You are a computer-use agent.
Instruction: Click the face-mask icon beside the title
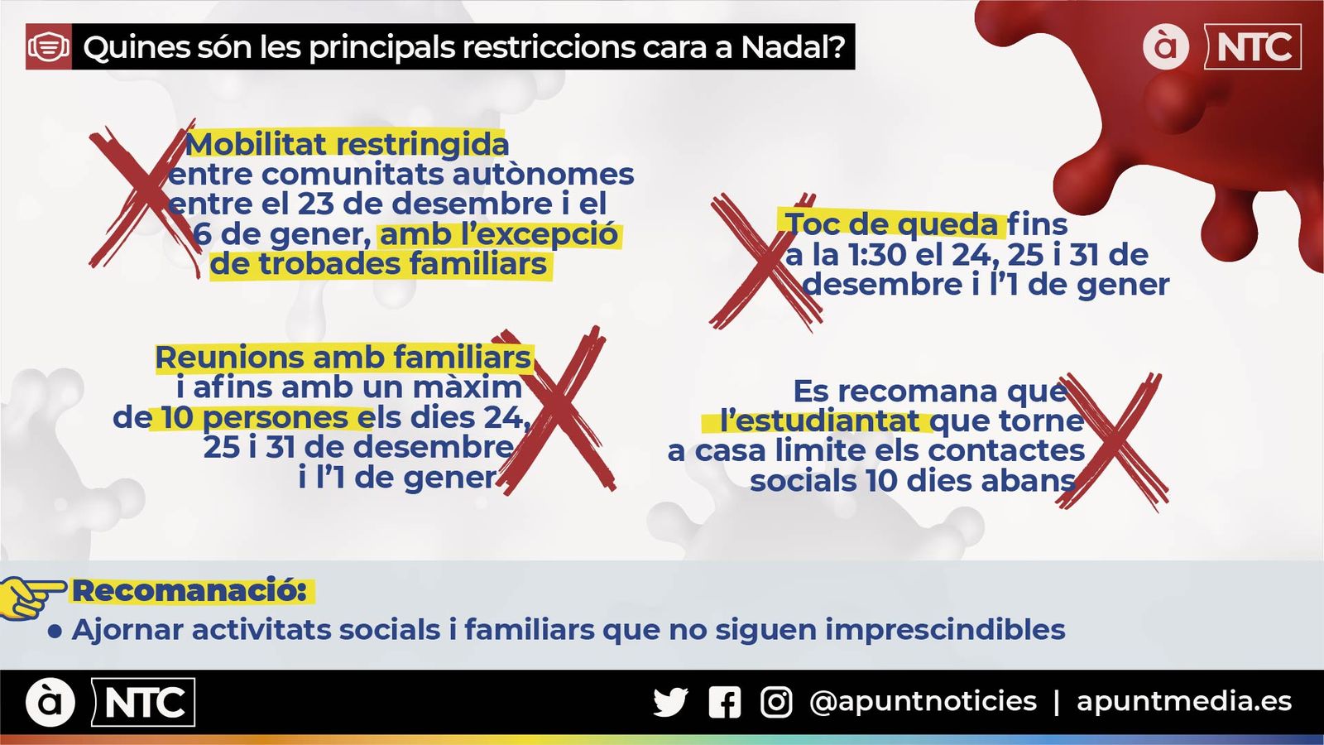point(49,47)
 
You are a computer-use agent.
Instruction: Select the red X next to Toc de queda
point(765,262)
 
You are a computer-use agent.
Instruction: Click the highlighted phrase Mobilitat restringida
point(347,144)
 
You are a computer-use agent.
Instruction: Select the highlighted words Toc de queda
point(891,224)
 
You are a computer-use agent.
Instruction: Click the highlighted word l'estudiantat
point(819,421)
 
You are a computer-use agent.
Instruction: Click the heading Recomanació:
point(189,591)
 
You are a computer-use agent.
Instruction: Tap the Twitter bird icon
point(670,703)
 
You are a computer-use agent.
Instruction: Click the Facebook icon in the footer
point(725,703)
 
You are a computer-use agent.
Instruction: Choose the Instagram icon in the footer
point(776,703)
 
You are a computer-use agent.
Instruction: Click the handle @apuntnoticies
point(923,702)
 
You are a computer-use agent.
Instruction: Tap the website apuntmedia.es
point(1183,702)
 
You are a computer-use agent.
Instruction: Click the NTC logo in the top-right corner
point(1252,47)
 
